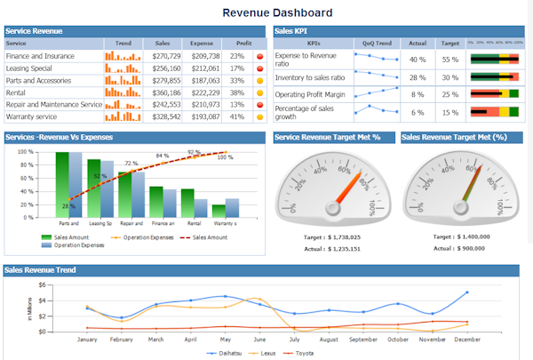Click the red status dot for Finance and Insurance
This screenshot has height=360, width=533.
pyautogui.click(x=259, y=56)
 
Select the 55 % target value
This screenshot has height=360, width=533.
pyautogui.click(x=450, y=60)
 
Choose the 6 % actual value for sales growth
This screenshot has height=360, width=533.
pyautogui.click(x=417, y=112)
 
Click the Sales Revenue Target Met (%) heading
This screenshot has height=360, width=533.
pyautogui.click(x=454, y=137)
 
